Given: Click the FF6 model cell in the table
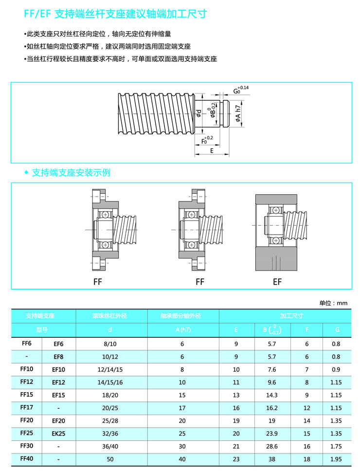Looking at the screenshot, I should pos(27,343).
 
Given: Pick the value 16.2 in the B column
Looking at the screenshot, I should pos(272,407).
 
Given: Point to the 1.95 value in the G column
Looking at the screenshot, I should pos(336,459).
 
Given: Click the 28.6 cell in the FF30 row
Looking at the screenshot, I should pos(272,446).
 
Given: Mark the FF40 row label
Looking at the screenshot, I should pos(27,458).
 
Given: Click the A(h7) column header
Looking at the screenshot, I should pos(182,329).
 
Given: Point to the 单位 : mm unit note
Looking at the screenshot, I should pos(333,303).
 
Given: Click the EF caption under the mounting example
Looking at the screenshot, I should pos(277,282).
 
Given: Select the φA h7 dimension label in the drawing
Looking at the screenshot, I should pos(238,115).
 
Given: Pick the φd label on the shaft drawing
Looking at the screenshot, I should pos(198,114).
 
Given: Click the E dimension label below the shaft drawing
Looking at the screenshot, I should pos(212,151).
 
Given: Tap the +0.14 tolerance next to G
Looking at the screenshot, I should pos(244,88).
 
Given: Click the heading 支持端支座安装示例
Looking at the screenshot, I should pos(71,173).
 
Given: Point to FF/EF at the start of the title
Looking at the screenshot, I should pos(37,15).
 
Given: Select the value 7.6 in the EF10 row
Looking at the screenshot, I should pos(272,369).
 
